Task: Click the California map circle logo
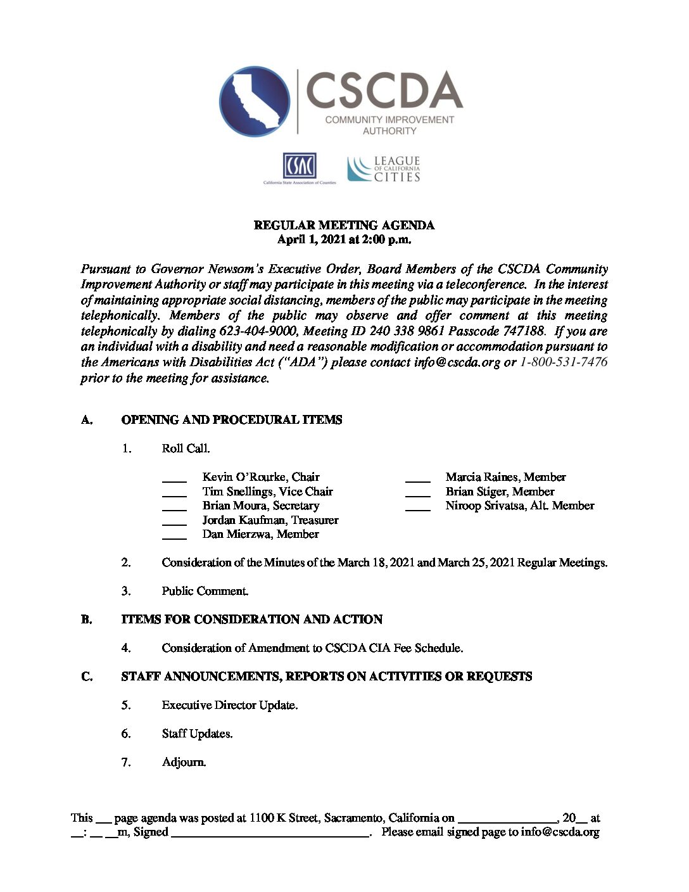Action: [255, 101]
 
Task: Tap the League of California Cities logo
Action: [384, 169]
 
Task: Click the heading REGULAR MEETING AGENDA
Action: [344, 226]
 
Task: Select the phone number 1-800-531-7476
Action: [564, 362]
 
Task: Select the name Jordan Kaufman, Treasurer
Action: [270, 520]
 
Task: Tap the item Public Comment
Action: [205, 591]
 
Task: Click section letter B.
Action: [87, 620]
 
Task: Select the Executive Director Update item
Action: [229, 705]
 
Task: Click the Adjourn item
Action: [184, 762]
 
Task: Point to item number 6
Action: [126, 734]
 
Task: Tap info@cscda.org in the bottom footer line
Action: [560, 832]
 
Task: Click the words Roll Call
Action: [186, 449]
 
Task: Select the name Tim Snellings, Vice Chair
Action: [267, 492]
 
